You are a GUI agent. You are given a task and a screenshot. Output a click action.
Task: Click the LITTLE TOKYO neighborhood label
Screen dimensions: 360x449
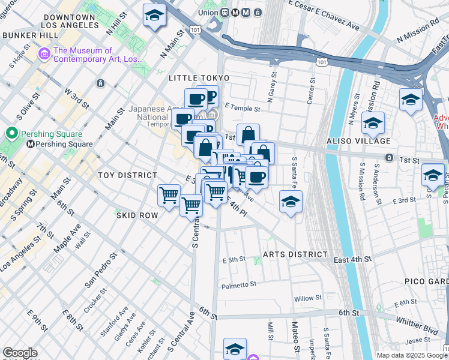point(199,79)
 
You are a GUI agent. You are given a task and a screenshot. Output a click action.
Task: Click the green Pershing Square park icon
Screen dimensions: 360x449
point(10,133)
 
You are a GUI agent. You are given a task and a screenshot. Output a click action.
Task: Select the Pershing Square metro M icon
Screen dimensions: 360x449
point(31,144)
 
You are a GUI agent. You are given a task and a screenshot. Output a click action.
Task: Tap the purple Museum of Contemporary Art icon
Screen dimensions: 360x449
point(44,55)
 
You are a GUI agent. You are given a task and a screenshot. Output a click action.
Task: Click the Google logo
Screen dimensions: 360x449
point(20,353)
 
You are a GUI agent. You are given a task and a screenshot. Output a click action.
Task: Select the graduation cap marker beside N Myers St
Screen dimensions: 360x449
point(373,124)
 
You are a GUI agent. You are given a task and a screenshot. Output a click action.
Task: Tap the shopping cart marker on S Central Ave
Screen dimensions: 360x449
point(191,205)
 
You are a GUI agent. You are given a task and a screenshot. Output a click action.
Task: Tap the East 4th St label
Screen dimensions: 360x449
point(353,259)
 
